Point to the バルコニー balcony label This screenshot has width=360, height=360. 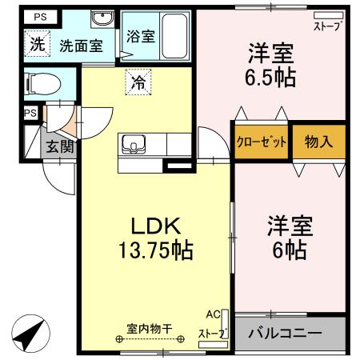coord(284,333)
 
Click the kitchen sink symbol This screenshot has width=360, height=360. coord(133,145)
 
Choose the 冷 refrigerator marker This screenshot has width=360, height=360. coord(138,81)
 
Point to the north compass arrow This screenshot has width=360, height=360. coord(28,333)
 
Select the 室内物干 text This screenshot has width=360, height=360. coord(155,328)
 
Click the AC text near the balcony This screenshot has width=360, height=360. coord(212,314)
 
